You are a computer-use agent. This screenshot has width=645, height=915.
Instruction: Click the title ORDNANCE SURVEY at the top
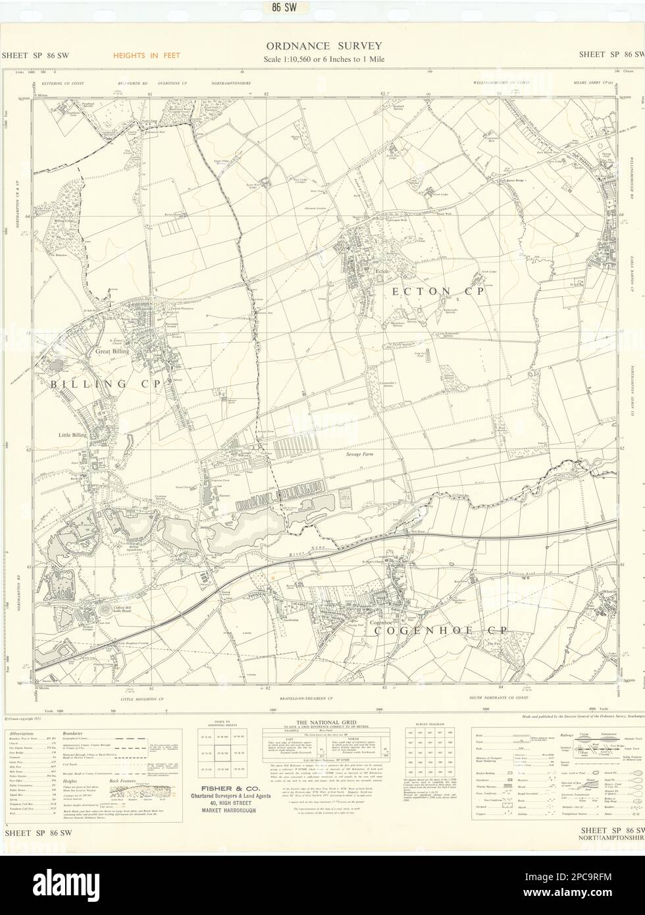(322, 45)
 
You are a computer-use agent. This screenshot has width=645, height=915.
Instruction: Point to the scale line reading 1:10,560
(322, 59)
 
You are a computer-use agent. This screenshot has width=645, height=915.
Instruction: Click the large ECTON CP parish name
(438, 291)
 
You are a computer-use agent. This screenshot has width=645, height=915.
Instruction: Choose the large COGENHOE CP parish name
(440, 630)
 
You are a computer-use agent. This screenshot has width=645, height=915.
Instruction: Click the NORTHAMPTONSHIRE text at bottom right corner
(611, 839)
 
